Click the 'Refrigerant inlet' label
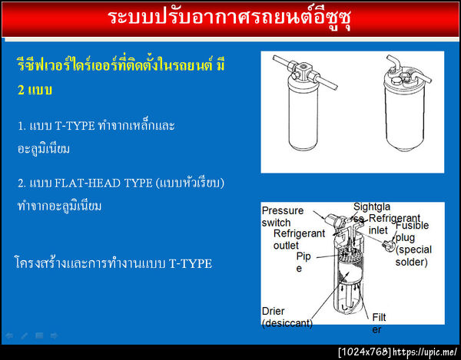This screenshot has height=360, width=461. coord(394,223)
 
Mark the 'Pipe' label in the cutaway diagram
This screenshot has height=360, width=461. coord(303,263)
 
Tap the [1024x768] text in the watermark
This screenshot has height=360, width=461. coord(364,352)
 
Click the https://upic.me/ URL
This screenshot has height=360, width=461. coord(425,352)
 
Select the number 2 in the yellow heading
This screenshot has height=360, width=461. coord(22,90)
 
